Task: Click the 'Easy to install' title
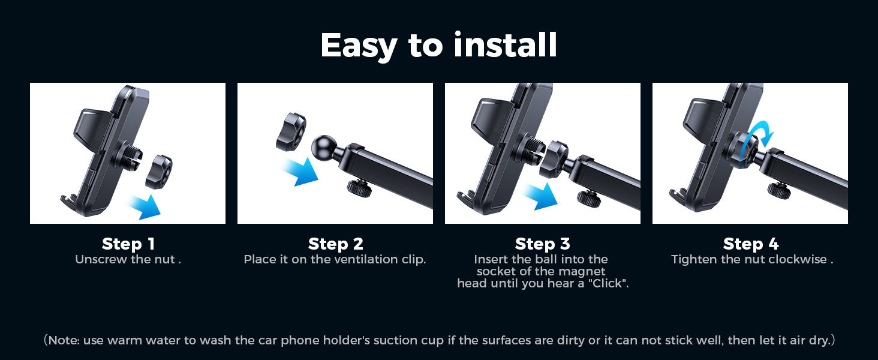point(438,46)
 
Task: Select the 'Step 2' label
point(335,244)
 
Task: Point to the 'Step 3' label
point(542,244)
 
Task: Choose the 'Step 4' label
point(750,244)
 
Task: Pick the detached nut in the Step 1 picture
point(158,171)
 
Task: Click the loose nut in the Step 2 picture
point(291,132)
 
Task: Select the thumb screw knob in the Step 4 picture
point(778,188)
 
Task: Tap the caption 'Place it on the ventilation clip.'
point(335,260)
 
